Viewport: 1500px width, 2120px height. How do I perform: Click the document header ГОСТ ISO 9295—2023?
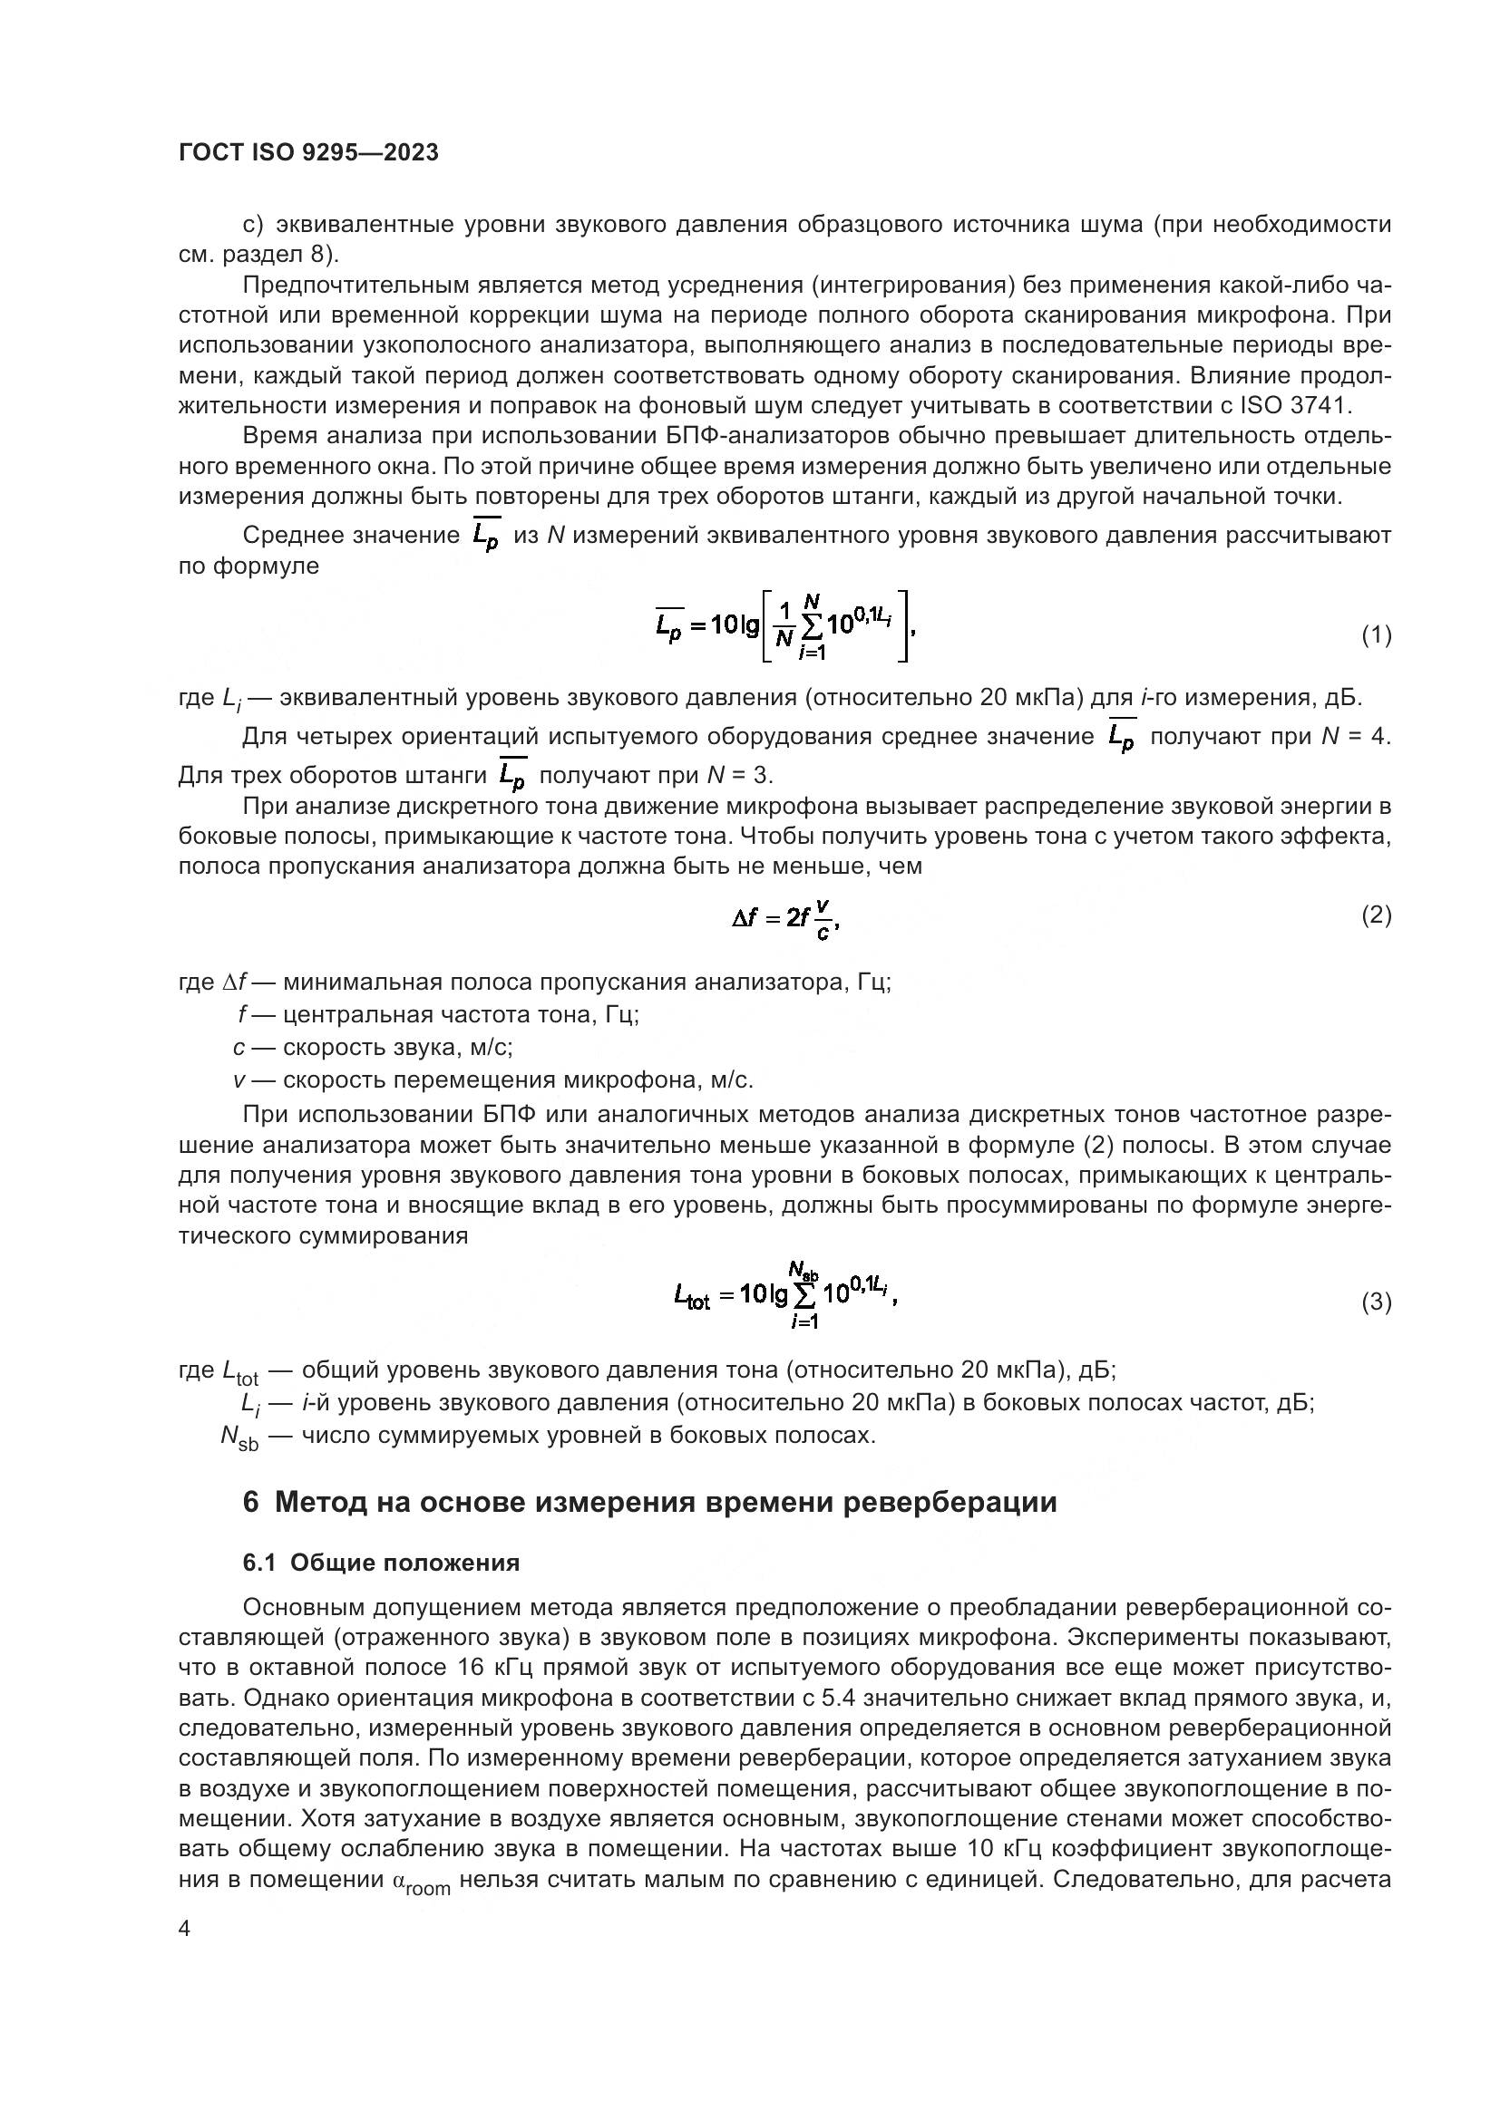click(x=308, y=153)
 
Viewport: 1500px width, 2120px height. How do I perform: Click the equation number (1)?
click(x=1377, y=635)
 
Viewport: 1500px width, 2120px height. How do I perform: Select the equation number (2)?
click(x=1377, y=915)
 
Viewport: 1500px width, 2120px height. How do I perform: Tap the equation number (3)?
click(x=1377, y=1302)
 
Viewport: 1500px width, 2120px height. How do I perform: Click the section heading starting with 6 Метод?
click(x=649, y=1502)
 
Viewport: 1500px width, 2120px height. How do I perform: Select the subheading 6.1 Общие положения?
click(x=381, y=1563)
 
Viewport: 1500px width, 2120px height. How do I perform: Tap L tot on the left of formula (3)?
click(x=693, y=1297)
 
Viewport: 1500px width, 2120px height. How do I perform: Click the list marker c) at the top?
click(x=254, y=225)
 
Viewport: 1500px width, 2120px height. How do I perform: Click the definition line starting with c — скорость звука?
click(x=373, y=1048)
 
